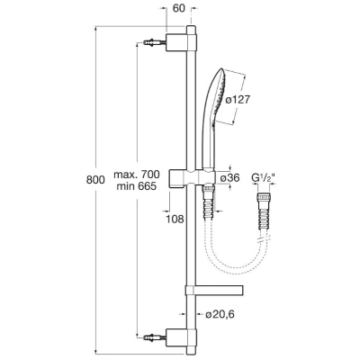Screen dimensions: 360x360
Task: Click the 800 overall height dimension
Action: click(95, 180)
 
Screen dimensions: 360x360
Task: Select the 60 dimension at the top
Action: click(179, 8)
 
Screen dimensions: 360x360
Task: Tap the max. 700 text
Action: click(137, 174)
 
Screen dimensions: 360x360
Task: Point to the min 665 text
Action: click(137, 186)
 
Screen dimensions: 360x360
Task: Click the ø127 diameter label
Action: click(237, 100)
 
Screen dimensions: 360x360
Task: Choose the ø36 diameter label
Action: click(230, 178)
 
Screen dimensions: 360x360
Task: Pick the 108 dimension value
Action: click(175, 220)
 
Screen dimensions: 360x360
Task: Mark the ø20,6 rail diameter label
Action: click(220, 314)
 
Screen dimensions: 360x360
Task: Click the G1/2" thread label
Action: click(264, 178)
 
